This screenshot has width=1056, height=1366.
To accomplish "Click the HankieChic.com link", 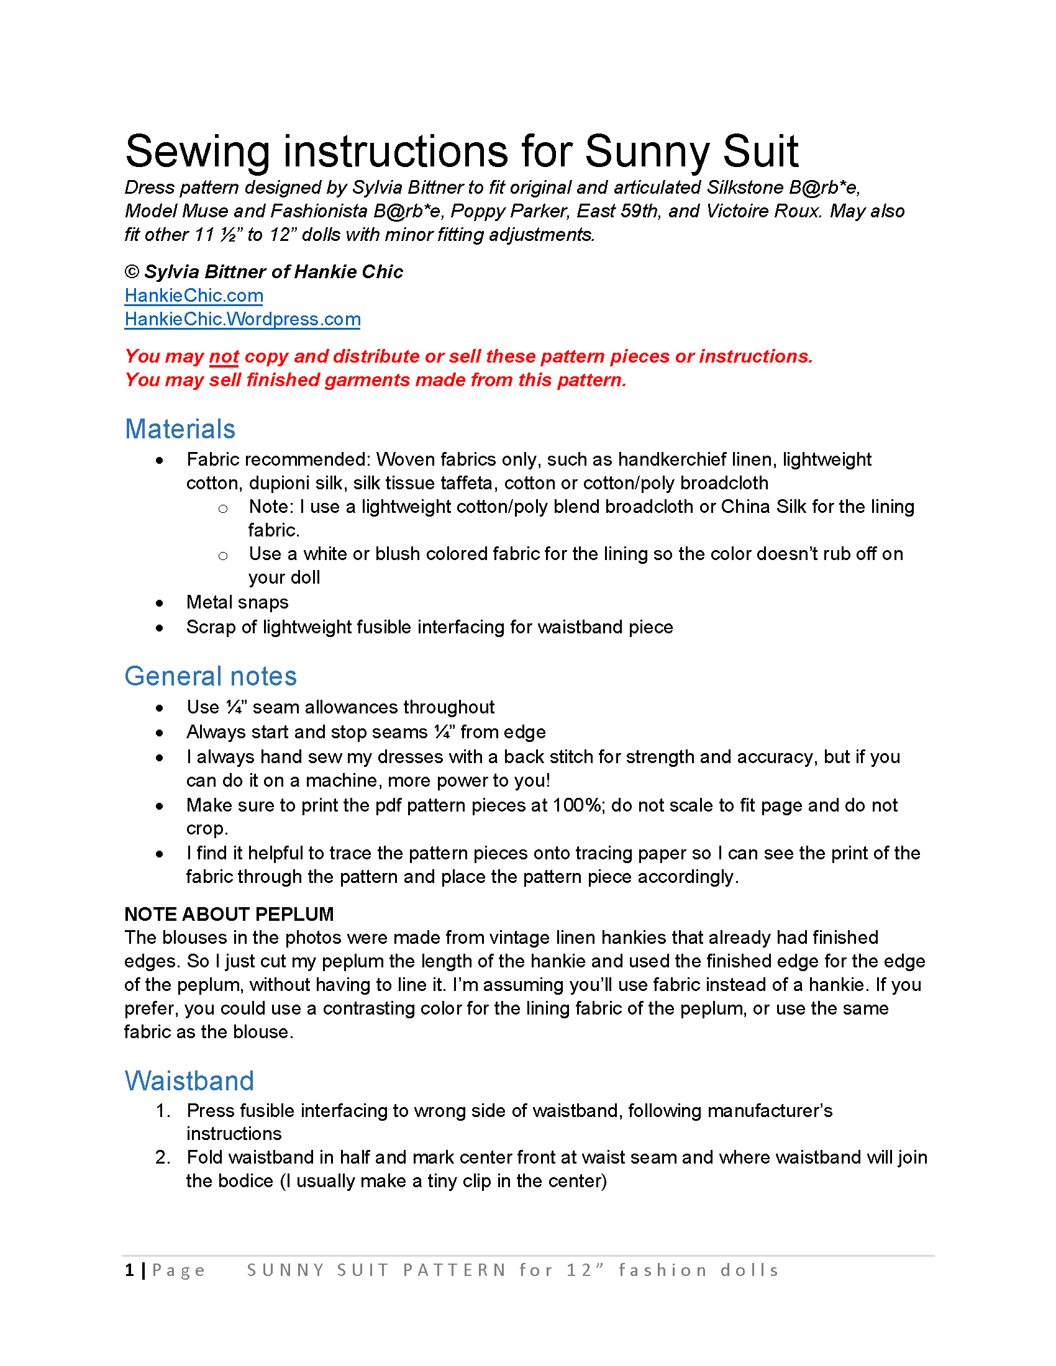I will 194,295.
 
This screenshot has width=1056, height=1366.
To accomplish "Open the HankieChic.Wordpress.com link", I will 243,319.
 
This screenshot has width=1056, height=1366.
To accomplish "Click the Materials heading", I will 180,429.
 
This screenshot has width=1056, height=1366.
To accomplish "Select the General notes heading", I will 211,676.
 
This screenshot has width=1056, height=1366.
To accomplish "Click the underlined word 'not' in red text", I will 224,356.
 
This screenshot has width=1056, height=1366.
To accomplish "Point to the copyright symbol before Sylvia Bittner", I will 132,271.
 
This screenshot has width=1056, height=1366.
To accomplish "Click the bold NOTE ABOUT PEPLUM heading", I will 229,914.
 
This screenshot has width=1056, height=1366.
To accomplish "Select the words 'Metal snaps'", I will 238,602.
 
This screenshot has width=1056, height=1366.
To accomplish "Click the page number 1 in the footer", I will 129,1270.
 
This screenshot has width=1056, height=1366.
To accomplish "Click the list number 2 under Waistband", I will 162,1158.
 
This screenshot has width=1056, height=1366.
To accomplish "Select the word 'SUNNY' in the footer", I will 286,1270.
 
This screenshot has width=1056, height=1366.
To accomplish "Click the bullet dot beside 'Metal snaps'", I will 160,603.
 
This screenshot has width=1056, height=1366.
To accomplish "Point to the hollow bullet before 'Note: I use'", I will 223,509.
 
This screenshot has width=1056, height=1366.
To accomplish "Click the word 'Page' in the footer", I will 179,1270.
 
